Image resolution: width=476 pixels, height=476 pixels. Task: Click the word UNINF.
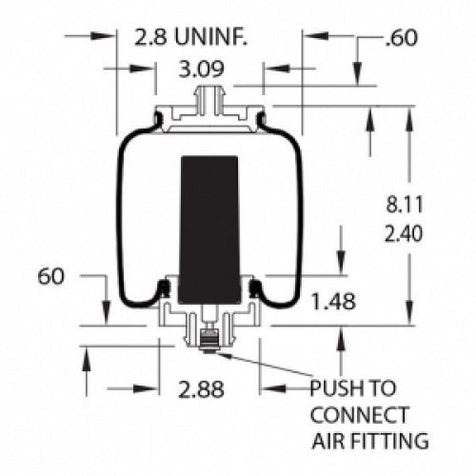(214, 38)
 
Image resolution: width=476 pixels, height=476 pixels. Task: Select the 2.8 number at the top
(151, 38)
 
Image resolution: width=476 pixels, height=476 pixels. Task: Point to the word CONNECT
(361, 415)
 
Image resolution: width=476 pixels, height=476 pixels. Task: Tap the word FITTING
(389, 441)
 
